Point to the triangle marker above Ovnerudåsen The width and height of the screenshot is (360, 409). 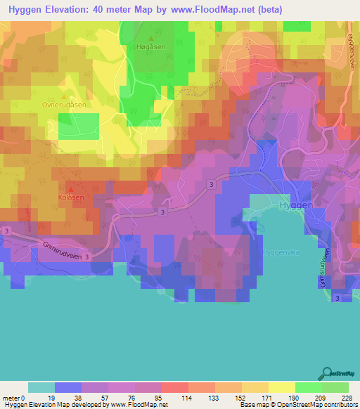(65, 98)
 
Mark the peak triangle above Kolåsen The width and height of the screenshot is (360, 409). (70, 189)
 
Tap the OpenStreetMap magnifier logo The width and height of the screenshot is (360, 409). (326, 372)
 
